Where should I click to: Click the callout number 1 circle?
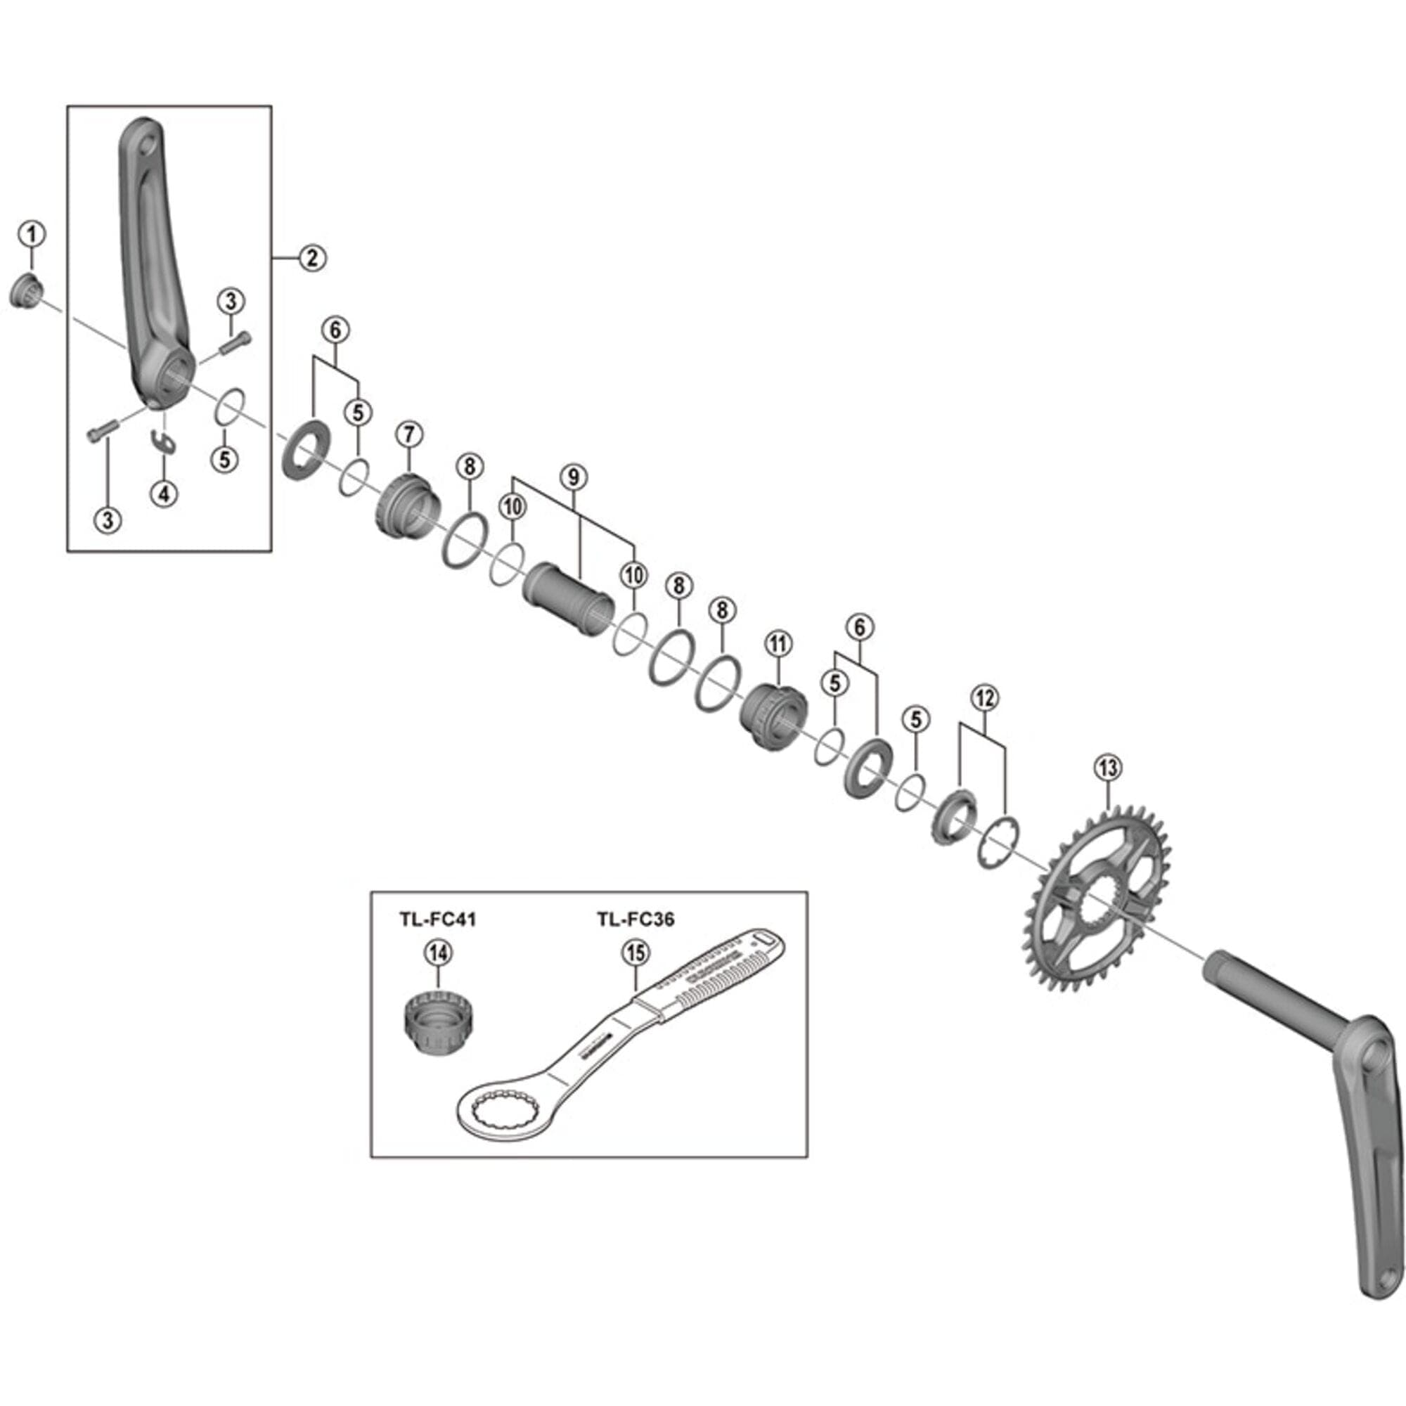click(x=32, y=234)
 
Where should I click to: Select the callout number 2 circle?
click(x=312, y=257)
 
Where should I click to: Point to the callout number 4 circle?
click(x=164, y=494)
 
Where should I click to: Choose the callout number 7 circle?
click(x=409, y=434)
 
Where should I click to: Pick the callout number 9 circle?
click(x=574, y=477)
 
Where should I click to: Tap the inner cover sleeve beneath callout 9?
click(x=567, y=598)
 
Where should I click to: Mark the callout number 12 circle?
click(x=986, y=698)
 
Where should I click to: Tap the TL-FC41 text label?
click(x=437, y=920)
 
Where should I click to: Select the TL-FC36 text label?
click(x=636, y=920)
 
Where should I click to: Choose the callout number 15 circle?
click(x=636, y=953)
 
